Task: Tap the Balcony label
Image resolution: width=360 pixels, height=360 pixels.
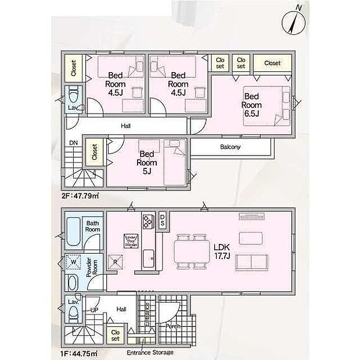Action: [231, 147]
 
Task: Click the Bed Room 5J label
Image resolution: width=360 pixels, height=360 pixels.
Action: [146, 162]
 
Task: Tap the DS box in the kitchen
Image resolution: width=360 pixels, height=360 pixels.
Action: [163, 219]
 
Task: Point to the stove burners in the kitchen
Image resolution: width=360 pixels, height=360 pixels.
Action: [147, 221]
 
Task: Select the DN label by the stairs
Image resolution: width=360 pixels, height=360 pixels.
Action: [73, 143]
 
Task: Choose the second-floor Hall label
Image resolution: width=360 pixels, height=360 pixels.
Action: [125, 126]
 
